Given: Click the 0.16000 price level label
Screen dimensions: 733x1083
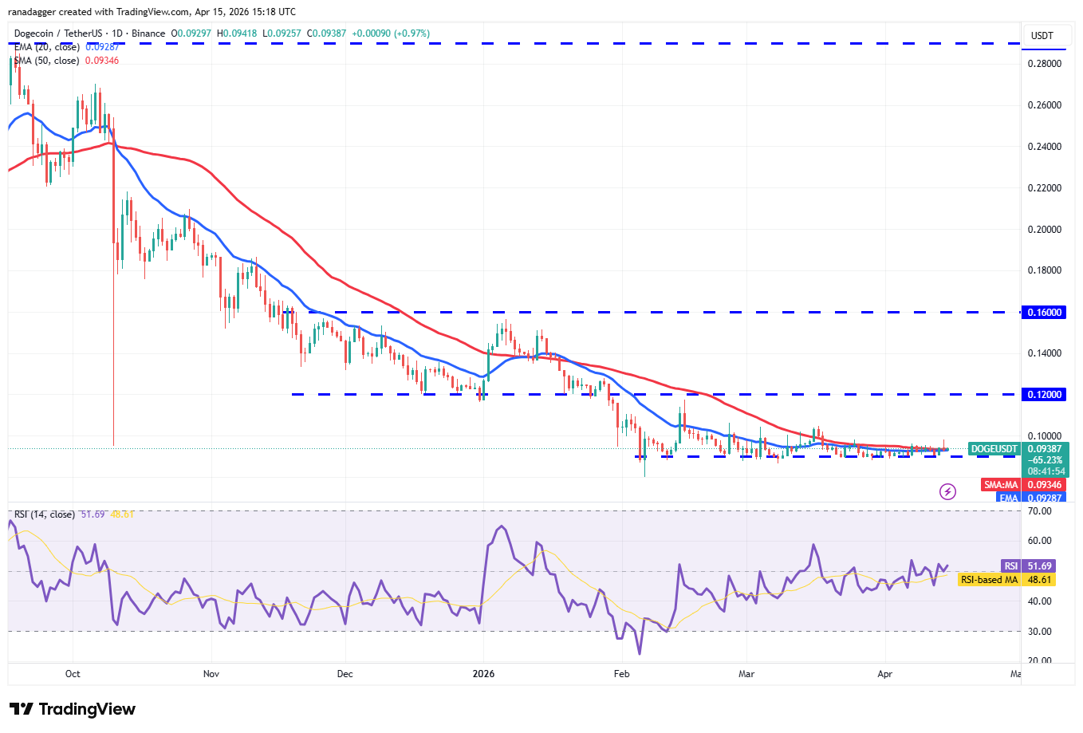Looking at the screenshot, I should coord(1044,313).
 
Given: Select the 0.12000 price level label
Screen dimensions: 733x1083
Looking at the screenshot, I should coord(1044,395).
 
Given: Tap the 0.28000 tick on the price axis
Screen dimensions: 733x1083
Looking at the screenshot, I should coord(1044,64).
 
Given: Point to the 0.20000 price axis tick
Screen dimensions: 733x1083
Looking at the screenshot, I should coord(1044,230).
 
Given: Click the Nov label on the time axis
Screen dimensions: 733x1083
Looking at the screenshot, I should coord(211,674).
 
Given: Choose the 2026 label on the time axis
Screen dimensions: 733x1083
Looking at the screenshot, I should coord(483,674).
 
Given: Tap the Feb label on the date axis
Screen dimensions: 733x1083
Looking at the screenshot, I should coord(622,674).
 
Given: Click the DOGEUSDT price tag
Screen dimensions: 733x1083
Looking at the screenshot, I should coord(994,449).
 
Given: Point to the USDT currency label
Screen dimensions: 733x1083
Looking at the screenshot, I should coord(1042,36).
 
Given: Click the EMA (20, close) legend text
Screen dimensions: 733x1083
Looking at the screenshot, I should coord(46,47).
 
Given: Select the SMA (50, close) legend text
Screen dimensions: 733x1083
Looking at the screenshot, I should coord(46,61).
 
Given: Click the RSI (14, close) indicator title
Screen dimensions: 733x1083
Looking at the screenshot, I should coord(45,514).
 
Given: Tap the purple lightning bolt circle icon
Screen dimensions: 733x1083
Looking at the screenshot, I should coord(947,491).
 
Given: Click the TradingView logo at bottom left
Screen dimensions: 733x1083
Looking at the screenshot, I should coord(73,709).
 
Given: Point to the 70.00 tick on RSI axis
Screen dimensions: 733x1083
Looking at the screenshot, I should coord(1039,511).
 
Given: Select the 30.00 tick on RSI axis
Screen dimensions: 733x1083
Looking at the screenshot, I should coord(1039,632).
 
